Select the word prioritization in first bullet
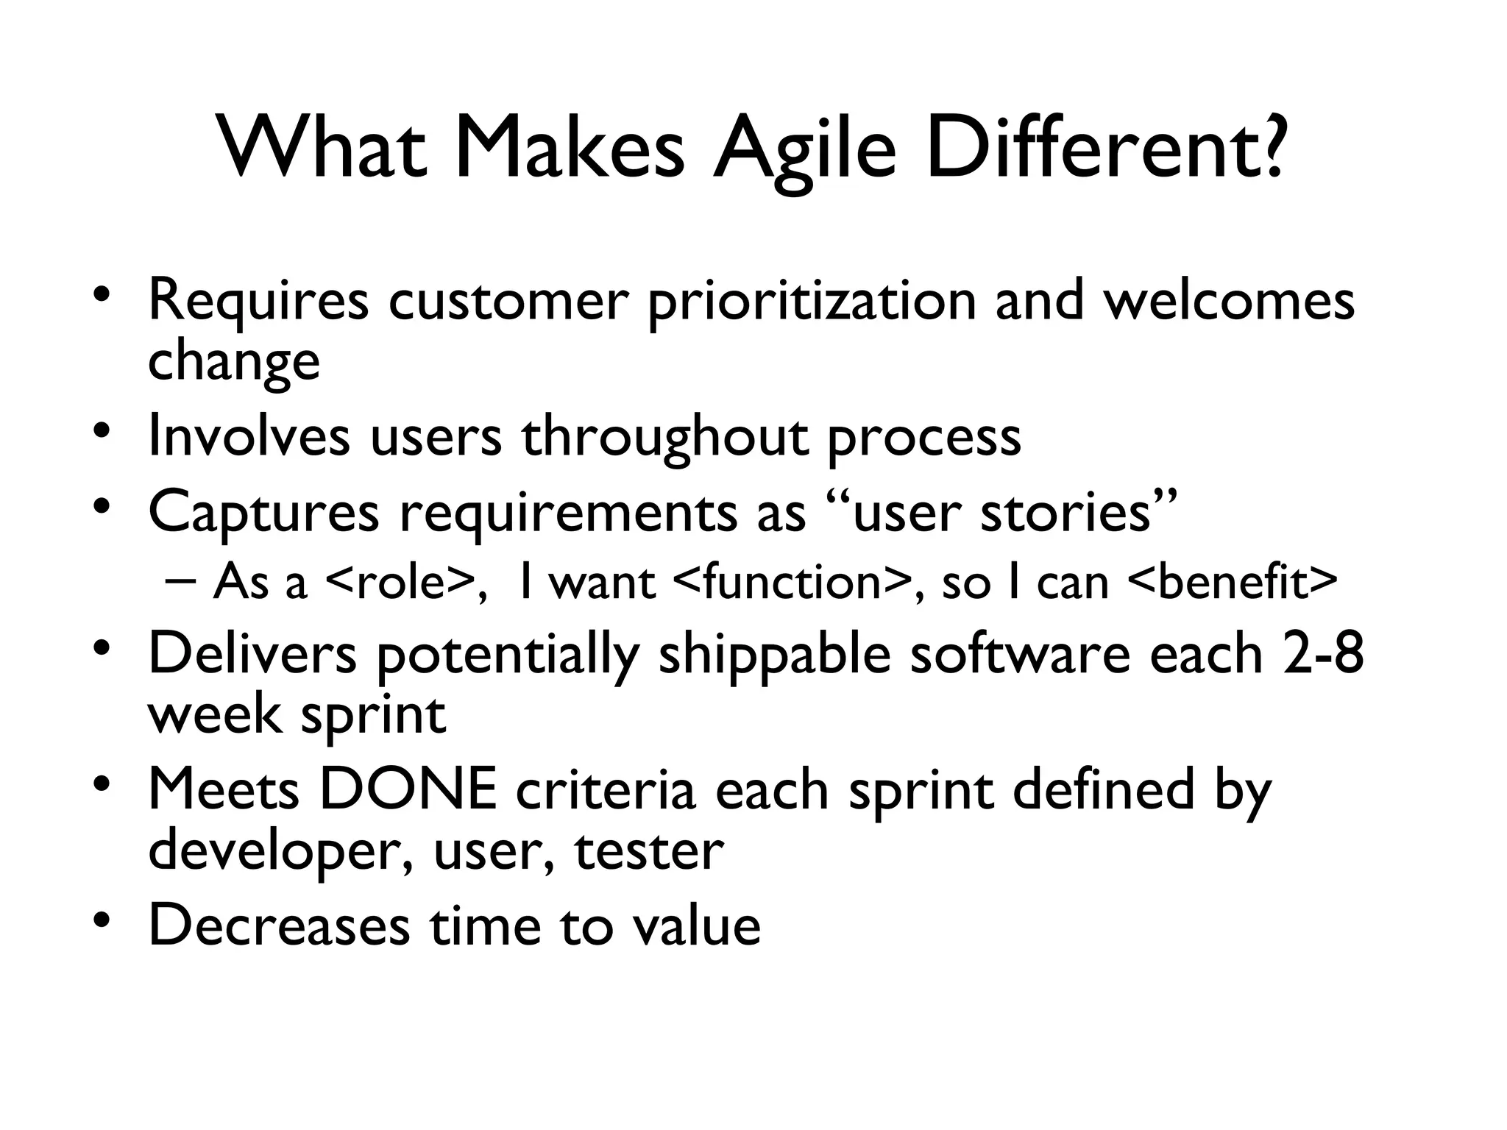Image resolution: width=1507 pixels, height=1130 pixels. pos(811,302)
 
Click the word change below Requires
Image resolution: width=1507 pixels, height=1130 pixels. pos(234,361)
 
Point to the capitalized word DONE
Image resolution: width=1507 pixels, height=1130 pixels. pos(408,789)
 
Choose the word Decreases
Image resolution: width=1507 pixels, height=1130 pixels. pos(279,925)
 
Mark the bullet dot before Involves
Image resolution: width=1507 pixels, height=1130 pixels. pos(102,428)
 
